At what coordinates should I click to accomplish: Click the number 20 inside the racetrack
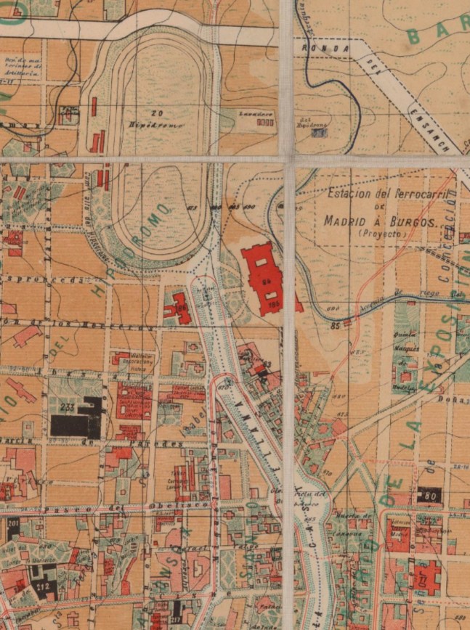(x=156, y=113)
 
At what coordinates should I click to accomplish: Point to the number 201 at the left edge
(x=12, y=524)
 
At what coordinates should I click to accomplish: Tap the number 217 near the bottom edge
(x=177, y=618)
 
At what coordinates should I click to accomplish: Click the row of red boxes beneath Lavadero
(x=265, y=123)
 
